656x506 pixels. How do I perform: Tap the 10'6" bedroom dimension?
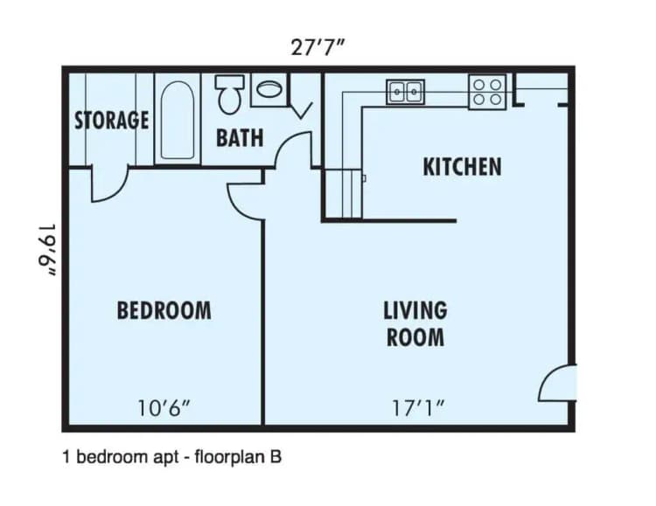point(164,406)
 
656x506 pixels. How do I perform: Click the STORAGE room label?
point(111,120)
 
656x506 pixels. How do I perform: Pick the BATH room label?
point(240,138)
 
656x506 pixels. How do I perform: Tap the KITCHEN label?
point(462,166)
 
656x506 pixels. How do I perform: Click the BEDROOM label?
point(164,309)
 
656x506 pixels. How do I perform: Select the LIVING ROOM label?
point(415,323)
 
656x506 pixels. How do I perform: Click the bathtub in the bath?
point(178,121)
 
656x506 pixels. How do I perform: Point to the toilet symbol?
point(230,94)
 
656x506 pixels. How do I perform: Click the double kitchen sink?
point(406,91)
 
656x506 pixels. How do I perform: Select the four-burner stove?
point(487,92)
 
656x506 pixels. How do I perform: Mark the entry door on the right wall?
point(557,382)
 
